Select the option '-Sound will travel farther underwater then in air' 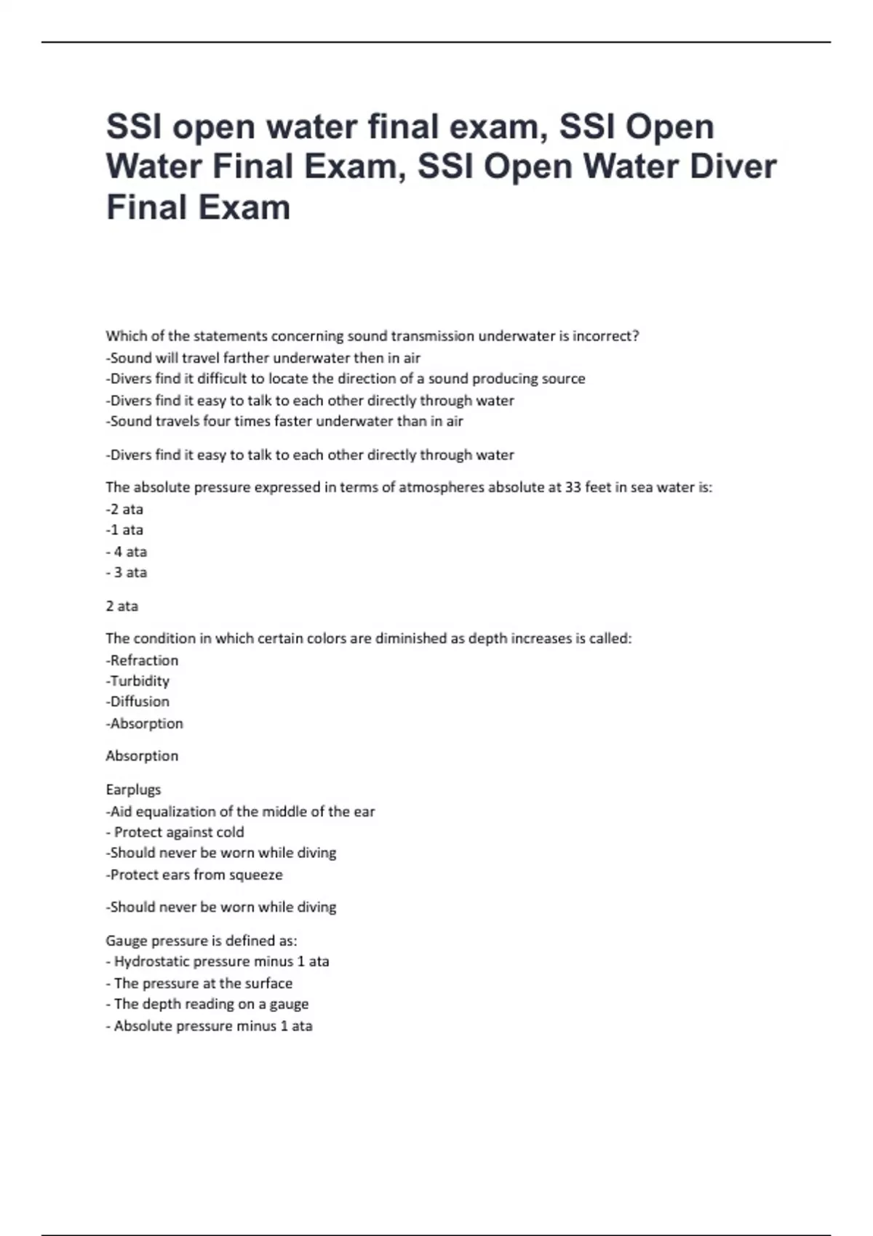point(263,358)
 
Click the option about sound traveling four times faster point(284,421)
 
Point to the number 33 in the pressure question point(573,487)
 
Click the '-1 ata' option point(124,530)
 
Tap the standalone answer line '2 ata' point(121,606)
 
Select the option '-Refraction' point(142,660)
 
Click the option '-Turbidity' point(137,681)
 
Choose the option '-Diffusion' point(137,702)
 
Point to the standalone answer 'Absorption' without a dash point(142,755)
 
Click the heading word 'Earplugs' point(133,789)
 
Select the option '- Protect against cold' point(175,832)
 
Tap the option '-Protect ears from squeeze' point(194,875)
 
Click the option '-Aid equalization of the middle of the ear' point(240,811)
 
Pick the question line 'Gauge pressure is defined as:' point(202,940)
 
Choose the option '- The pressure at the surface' point(199,983)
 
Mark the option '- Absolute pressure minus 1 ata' point(209,1026)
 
